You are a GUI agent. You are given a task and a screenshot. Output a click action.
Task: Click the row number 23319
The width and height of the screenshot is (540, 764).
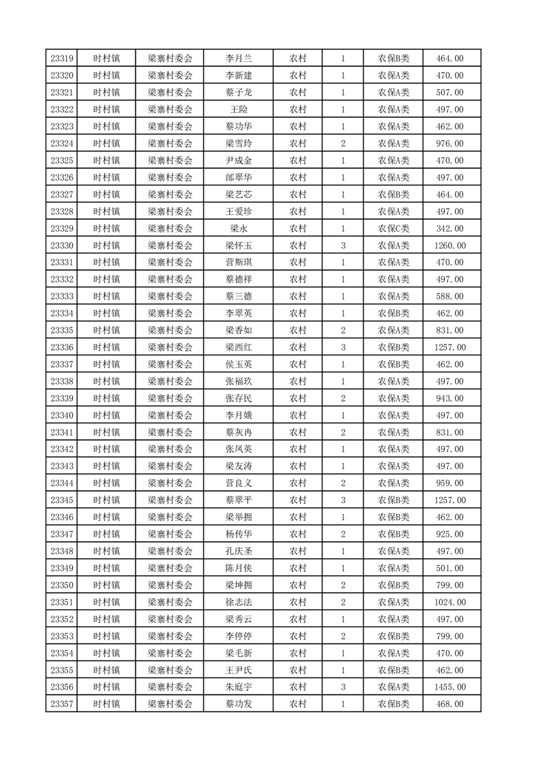(62, 59)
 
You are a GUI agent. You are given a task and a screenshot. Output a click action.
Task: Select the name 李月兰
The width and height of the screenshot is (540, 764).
(238, 59)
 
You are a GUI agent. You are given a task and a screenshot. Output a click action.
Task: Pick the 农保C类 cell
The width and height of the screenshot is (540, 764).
(394, 228)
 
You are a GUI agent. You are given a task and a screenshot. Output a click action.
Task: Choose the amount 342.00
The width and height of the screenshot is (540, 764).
(449, 228)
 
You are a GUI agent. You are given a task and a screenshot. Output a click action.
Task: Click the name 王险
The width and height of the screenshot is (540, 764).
(238, 110)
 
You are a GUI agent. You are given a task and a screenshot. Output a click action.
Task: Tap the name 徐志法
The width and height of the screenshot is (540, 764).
(238, 602)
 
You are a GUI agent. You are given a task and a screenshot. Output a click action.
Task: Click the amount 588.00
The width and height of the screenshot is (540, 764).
(449, 296)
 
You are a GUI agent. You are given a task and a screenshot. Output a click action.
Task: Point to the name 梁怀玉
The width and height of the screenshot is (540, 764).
(238, 245)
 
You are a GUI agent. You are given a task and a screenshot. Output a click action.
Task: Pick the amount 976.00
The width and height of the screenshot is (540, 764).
(449, 143)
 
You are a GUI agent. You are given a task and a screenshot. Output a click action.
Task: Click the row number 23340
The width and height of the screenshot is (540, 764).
(62, 415)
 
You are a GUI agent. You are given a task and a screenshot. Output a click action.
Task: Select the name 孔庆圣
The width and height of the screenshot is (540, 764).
(238, 551)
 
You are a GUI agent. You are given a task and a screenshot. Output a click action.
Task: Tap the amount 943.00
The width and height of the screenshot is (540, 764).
(449, 398)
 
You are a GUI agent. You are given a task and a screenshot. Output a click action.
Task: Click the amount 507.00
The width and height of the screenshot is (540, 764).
(449, 93)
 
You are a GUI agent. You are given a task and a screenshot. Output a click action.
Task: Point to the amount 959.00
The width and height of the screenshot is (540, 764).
(449, 483)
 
